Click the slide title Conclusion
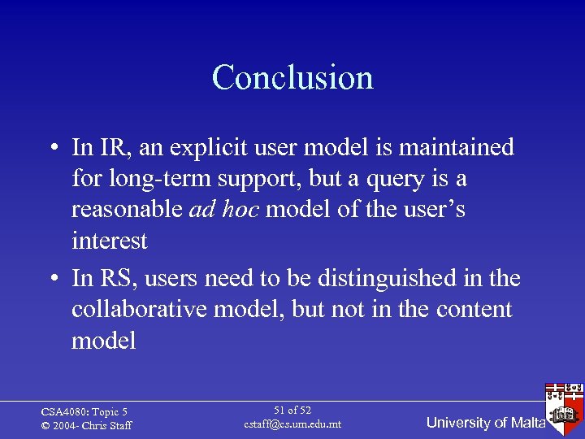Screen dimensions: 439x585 pos(292,78)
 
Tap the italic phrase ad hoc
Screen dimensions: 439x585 pos(224,210)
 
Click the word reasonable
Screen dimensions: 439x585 pos(127,210)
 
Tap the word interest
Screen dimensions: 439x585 pos(110,241)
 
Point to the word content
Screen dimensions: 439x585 pos(474,309)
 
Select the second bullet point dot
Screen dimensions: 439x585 pos(51,280)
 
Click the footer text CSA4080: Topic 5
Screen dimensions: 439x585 pos(84,412)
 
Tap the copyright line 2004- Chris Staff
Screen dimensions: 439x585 pos(87,426)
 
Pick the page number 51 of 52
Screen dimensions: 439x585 pos(292,411)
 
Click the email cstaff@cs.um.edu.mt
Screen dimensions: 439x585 pos(292,424)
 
